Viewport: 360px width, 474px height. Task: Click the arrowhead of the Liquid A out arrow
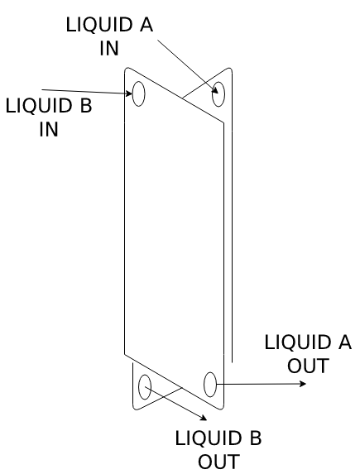(x=303, y=384)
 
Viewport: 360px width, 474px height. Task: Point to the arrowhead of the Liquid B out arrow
(x=204, y=418)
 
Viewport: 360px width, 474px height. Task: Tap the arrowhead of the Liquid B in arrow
(x=129, y=93)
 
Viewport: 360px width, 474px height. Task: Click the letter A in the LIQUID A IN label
(x=146, y=25)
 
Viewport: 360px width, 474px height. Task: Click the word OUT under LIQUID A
(x=308, y=366)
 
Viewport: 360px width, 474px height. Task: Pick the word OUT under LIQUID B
(x=219, y=462)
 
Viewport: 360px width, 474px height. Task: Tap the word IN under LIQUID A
(x=109, y=48)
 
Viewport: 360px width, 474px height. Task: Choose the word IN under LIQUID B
(x=49, y=129)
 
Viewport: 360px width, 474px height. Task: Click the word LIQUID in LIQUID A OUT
(x=298, y=342)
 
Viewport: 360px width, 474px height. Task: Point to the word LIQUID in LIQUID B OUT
(x=209, y=438)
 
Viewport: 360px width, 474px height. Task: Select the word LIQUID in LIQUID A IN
(x=99, y=25)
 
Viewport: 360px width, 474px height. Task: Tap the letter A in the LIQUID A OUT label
(x=345, y=342)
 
